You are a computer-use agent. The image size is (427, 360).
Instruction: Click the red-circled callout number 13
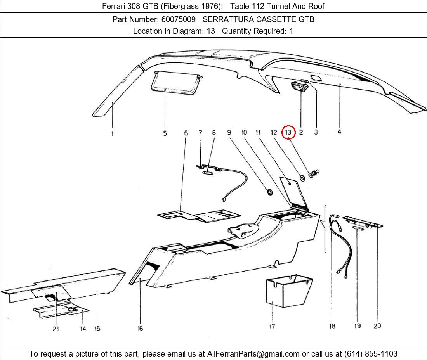288,132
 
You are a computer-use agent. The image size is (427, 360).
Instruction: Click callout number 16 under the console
140,328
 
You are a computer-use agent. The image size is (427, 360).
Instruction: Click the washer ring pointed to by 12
302,178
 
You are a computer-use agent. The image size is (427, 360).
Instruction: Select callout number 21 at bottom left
56,329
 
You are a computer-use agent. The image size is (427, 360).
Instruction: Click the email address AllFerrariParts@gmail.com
253,354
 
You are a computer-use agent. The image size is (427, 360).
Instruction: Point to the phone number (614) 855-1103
370,354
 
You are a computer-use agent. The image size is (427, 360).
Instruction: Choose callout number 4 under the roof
339,132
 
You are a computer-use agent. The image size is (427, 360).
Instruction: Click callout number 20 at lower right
377,326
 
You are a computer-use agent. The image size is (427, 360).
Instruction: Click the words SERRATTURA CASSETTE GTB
259,19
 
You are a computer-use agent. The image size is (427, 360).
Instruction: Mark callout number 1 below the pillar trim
113,134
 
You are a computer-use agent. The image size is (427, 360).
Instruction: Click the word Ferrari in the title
114,6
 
